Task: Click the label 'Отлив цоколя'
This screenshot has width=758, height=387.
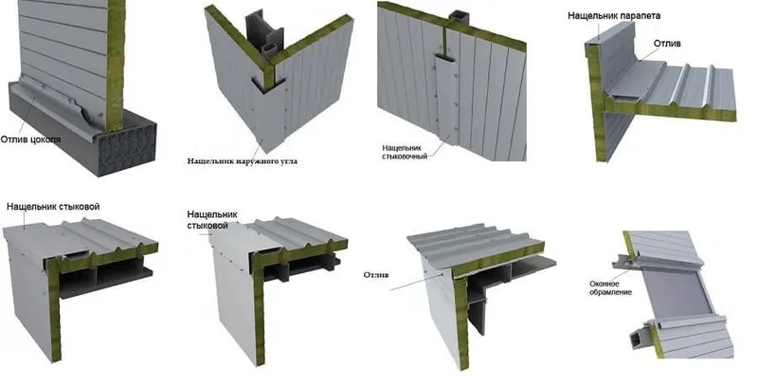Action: click(30, 139)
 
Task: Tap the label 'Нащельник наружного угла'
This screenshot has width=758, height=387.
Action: click(243, 161)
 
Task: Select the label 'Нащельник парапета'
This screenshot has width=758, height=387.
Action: click(614, 15)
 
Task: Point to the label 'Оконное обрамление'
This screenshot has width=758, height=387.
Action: click(610, 287)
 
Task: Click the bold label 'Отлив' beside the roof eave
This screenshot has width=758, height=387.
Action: click(376, 275)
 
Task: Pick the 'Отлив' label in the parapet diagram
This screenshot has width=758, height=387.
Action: click(667, 44)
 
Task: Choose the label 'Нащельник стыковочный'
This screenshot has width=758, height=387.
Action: click(405, 152)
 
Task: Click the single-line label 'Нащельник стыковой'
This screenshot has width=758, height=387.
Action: click(53, 207)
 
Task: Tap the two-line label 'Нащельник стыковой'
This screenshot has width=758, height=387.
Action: click(211, 220)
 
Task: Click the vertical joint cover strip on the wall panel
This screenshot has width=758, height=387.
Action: click(445, 97)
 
